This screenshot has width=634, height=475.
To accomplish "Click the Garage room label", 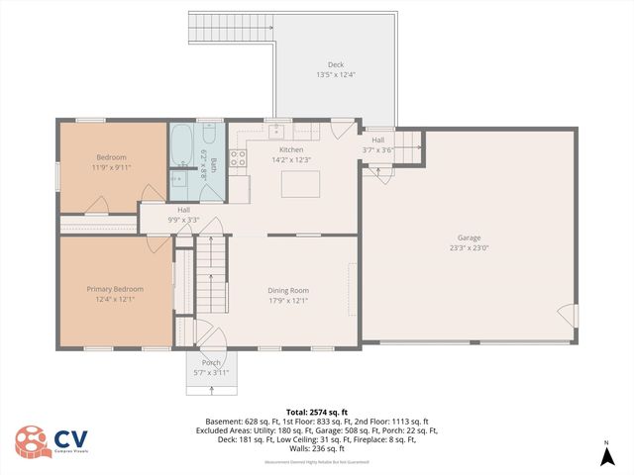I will click(469, 237).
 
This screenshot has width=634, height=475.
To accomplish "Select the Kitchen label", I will click(290, 149).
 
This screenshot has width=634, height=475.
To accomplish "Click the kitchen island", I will click(301, 184).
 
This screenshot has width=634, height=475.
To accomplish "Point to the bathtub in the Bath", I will click(182, 145).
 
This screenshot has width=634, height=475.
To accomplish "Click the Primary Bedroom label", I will click(115, 289).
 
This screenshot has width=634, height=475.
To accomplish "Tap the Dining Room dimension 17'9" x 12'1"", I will click(288, 300).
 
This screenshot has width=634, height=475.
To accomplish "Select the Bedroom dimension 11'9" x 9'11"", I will click(111, 167).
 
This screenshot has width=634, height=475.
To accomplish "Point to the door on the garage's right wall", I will click(568, 316).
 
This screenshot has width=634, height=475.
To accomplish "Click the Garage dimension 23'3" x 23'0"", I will click(469, 247).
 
